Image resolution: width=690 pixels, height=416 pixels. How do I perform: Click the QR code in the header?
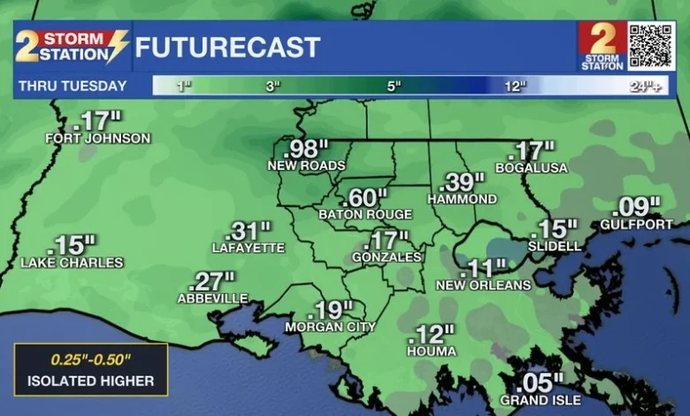(651, 46)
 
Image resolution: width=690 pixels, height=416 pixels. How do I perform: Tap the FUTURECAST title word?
(227, 47)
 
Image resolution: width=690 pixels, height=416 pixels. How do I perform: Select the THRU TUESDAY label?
(70, 86)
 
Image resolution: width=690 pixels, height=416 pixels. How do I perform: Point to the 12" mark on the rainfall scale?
(514, 86)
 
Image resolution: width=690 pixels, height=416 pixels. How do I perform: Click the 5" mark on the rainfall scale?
(393, 86)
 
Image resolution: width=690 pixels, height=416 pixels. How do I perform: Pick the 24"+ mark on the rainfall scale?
(645, 86)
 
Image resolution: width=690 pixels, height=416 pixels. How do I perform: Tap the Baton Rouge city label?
(365, 214)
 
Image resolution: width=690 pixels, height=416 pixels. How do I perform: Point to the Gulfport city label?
(636, 225)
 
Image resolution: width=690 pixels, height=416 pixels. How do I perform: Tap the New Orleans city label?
(484, 285)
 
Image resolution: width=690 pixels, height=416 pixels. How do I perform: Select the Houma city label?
(432, 351)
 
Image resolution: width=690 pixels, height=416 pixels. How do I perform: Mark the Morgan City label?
(330, 327)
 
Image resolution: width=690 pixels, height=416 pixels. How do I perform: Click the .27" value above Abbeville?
(212, 282)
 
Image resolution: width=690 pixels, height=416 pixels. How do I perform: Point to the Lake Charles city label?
(72, 263)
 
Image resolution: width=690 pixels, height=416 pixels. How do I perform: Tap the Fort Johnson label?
(98, 138)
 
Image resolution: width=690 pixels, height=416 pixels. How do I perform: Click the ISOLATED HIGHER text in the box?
(90, 381)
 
